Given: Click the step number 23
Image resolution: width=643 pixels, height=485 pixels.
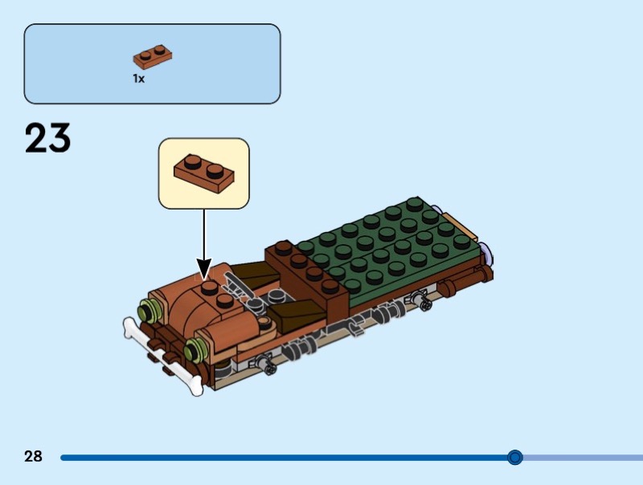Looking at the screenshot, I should pyautogui.click(x=48, y=138).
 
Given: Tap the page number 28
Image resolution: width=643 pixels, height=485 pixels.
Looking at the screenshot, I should pyautogui.click(x=33, y=457).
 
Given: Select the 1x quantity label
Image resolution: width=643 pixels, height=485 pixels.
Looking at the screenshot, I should pyautogui.click(x=139, y=79).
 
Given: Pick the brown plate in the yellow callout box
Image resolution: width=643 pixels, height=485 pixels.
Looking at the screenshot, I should pyautogui.click(x=204, y=170).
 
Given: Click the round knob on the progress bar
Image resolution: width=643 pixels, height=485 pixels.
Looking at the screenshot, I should pyautogui.click(x=515, y=458).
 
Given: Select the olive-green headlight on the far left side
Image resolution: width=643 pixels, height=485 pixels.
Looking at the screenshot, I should pyautogui.click(x=146, y=309).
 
